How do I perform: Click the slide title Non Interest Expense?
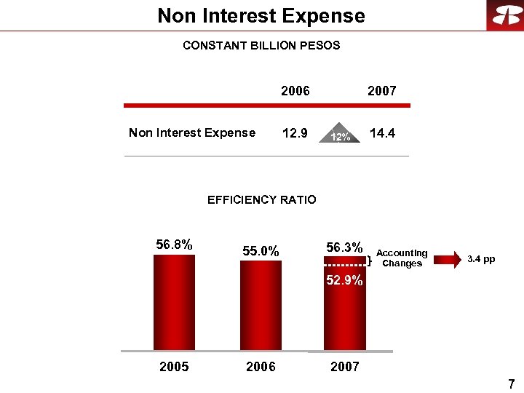pos(261,15)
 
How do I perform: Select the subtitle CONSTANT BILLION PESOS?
pos(261,45)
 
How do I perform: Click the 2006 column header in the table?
pos(295,91)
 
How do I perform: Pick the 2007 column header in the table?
pos(382,91)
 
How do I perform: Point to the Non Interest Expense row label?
pos(192,132)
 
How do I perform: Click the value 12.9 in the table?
pos(295,134)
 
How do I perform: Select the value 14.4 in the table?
pos(382,134)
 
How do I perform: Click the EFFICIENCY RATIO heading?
pos(262,199)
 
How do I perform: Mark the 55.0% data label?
pos(261,251)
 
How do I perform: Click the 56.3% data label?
pos(344,247)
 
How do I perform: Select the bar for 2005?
pos(174,302)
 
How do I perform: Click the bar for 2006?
pos(261,306)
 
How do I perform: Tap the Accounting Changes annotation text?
pos(402,258)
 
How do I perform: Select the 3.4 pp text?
pos(481,259)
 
